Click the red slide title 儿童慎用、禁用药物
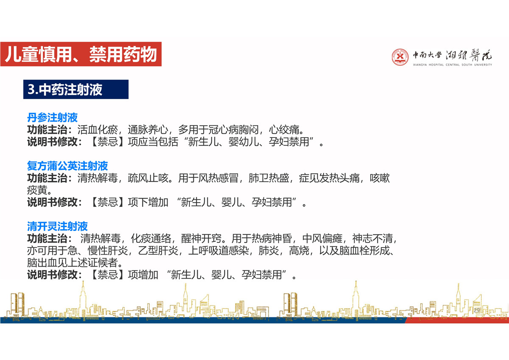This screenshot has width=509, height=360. (x=81, y=54)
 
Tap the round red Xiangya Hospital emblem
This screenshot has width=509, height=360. (x=400, y=57)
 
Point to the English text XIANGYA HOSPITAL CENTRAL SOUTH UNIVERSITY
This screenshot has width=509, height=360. (x=453, y=65)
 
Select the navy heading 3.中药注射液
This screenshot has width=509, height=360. (x=65, y=90)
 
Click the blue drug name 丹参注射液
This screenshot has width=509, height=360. (x=52, y=118)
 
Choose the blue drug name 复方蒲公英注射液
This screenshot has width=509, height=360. (x=67, y=166)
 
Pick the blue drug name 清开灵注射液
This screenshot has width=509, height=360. (x=57, y=226)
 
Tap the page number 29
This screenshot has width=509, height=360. (x=477, y=310)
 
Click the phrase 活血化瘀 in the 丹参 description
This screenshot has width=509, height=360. (x=98, y=129)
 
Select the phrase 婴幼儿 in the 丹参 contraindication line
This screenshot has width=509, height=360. (x=244, y=142)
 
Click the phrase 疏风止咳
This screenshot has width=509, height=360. (x=148, y=178)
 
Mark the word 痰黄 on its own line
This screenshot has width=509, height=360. (x=37, y=190)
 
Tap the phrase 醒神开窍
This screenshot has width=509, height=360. (x=201, y=239)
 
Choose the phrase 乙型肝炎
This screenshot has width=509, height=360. (x=158, y=250)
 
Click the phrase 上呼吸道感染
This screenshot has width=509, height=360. (x=218, y=250)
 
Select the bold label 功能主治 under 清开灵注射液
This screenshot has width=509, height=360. (x=47, y=239)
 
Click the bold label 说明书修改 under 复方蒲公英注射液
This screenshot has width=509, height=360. (x=52, y=202)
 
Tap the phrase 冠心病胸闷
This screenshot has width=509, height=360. (x=234, y=129)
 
